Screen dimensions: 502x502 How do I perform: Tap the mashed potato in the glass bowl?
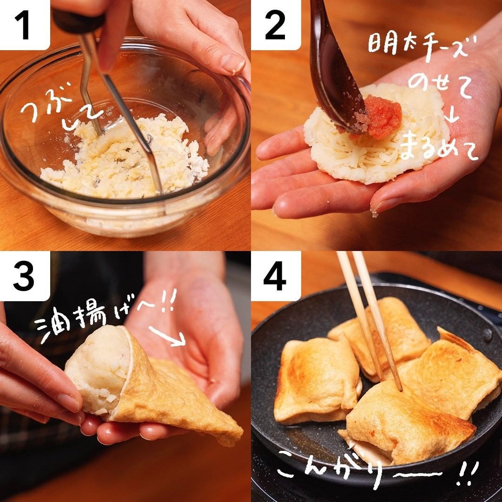point(125,160)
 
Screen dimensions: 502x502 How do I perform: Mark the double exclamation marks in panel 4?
point(468,474)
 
